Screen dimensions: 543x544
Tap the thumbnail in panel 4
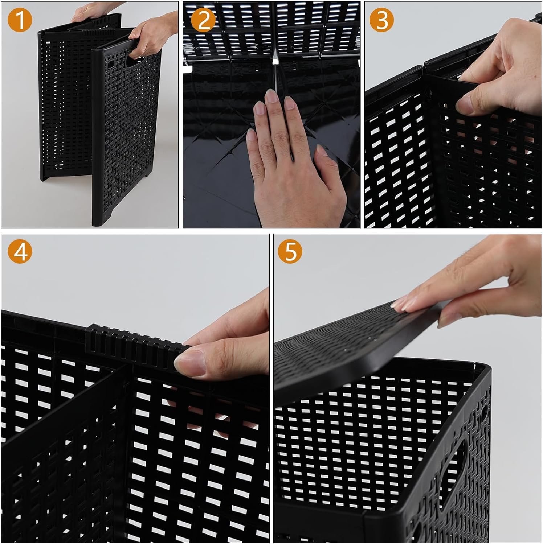coord(189,363)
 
